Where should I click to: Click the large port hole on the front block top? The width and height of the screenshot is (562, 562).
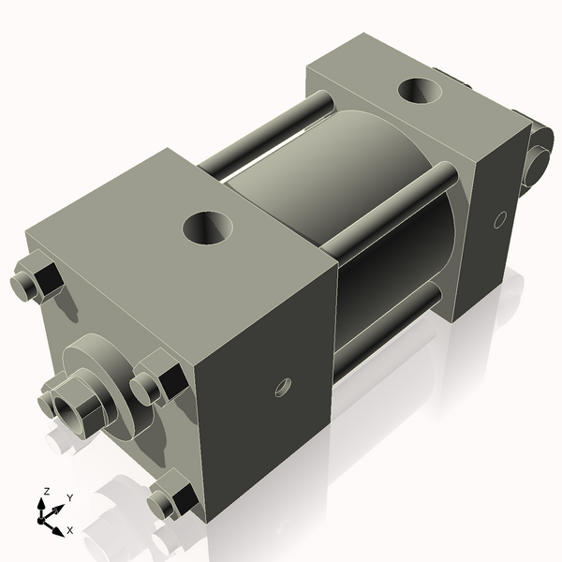click(208, 228)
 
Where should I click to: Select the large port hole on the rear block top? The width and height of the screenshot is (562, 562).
click(420, 91)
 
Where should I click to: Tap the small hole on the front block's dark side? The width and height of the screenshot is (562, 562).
click(283, 388)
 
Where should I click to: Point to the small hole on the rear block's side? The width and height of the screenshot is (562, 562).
click(500, 220)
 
